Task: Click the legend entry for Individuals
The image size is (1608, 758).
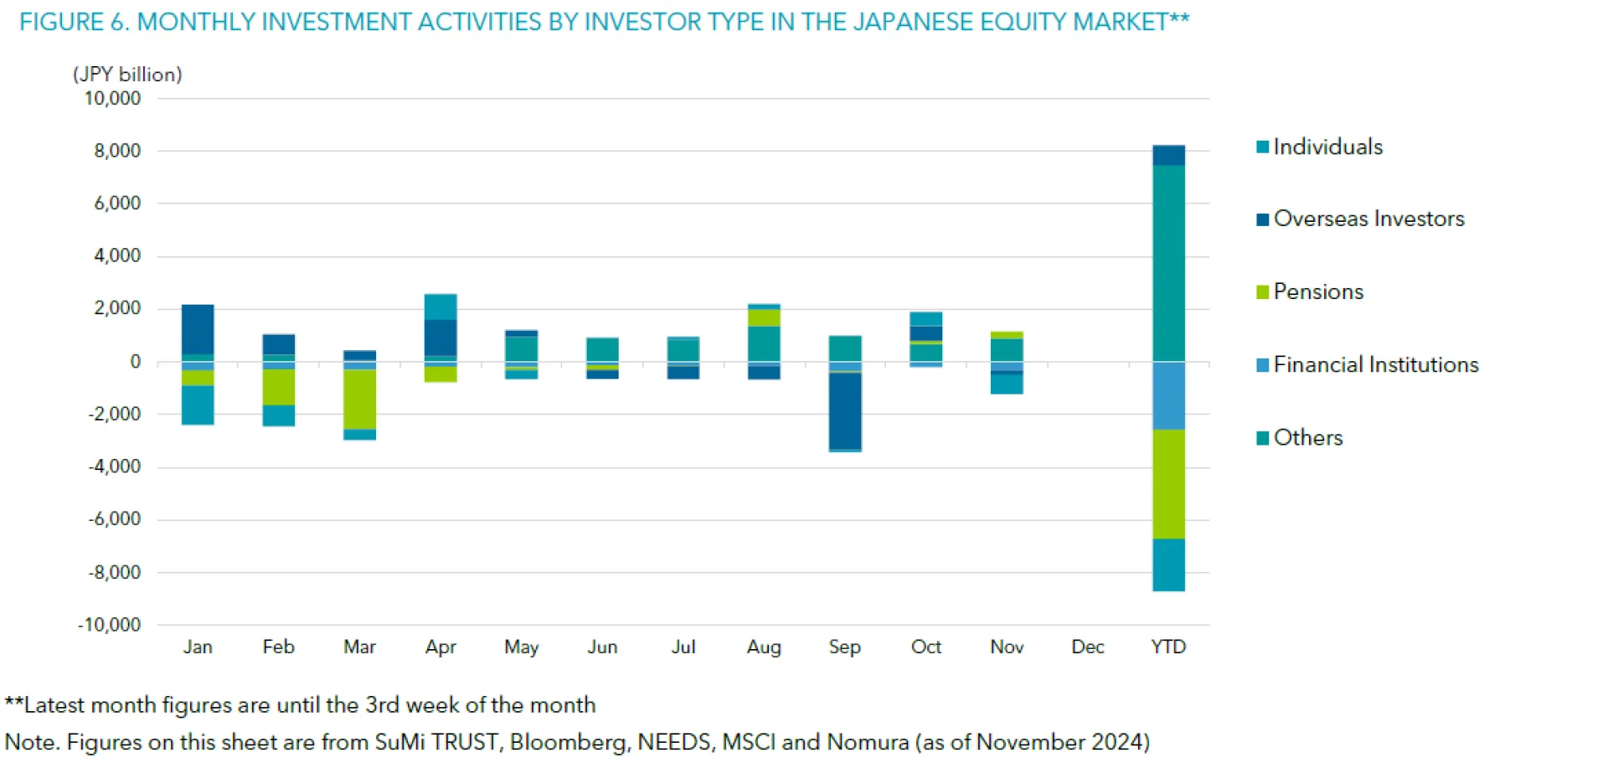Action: (1327, 147)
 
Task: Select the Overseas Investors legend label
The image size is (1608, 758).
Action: (1368, 219)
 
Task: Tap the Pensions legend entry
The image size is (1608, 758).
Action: (1317, 292)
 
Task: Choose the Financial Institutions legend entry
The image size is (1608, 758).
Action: (1375, 365)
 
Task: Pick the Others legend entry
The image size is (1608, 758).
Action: (1307, 438)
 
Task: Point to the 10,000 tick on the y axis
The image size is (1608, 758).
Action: (112, 99)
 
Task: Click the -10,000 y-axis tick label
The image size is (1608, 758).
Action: (110, 625)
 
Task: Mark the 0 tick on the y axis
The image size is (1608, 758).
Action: (136, 362)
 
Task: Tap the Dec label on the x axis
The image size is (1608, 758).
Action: (1087, 647)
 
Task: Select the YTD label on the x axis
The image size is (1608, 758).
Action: (1168, 647)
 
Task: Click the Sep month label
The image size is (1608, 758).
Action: (844, 647)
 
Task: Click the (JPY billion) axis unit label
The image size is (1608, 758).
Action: (127, 75)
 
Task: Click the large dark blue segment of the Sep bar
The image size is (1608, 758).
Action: (845, 411)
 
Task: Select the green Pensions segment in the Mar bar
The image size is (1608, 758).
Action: (360, 400)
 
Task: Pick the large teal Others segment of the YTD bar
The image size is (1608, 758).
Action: (1168, 263)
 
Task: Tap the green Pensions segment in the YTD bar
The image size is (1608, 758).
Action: (1168, 484)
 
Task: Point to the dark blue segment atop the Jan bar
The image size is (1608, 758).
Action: (198, 329)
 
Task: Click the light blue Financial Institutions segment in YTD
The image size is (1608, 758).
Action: (1168, 395)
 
